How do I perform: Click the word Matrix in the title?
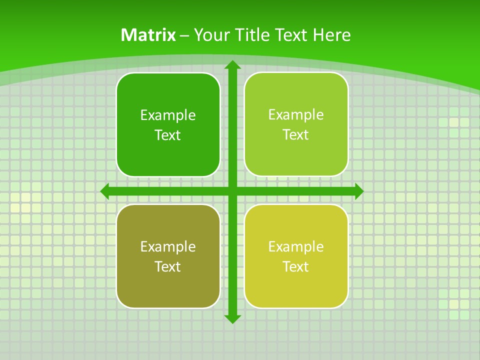148,35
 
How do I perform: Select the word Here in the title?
332,35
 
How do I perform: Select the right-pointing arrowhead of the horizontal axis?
358,191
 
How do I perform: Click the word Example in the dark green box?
168,115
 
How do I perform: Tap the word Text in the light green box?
296,134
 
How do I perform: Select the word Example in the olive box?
168,247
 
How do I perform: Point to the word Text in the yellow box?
296,266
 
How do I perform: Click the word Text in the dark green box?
168,135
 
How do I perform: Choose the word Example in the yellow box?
296,247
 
